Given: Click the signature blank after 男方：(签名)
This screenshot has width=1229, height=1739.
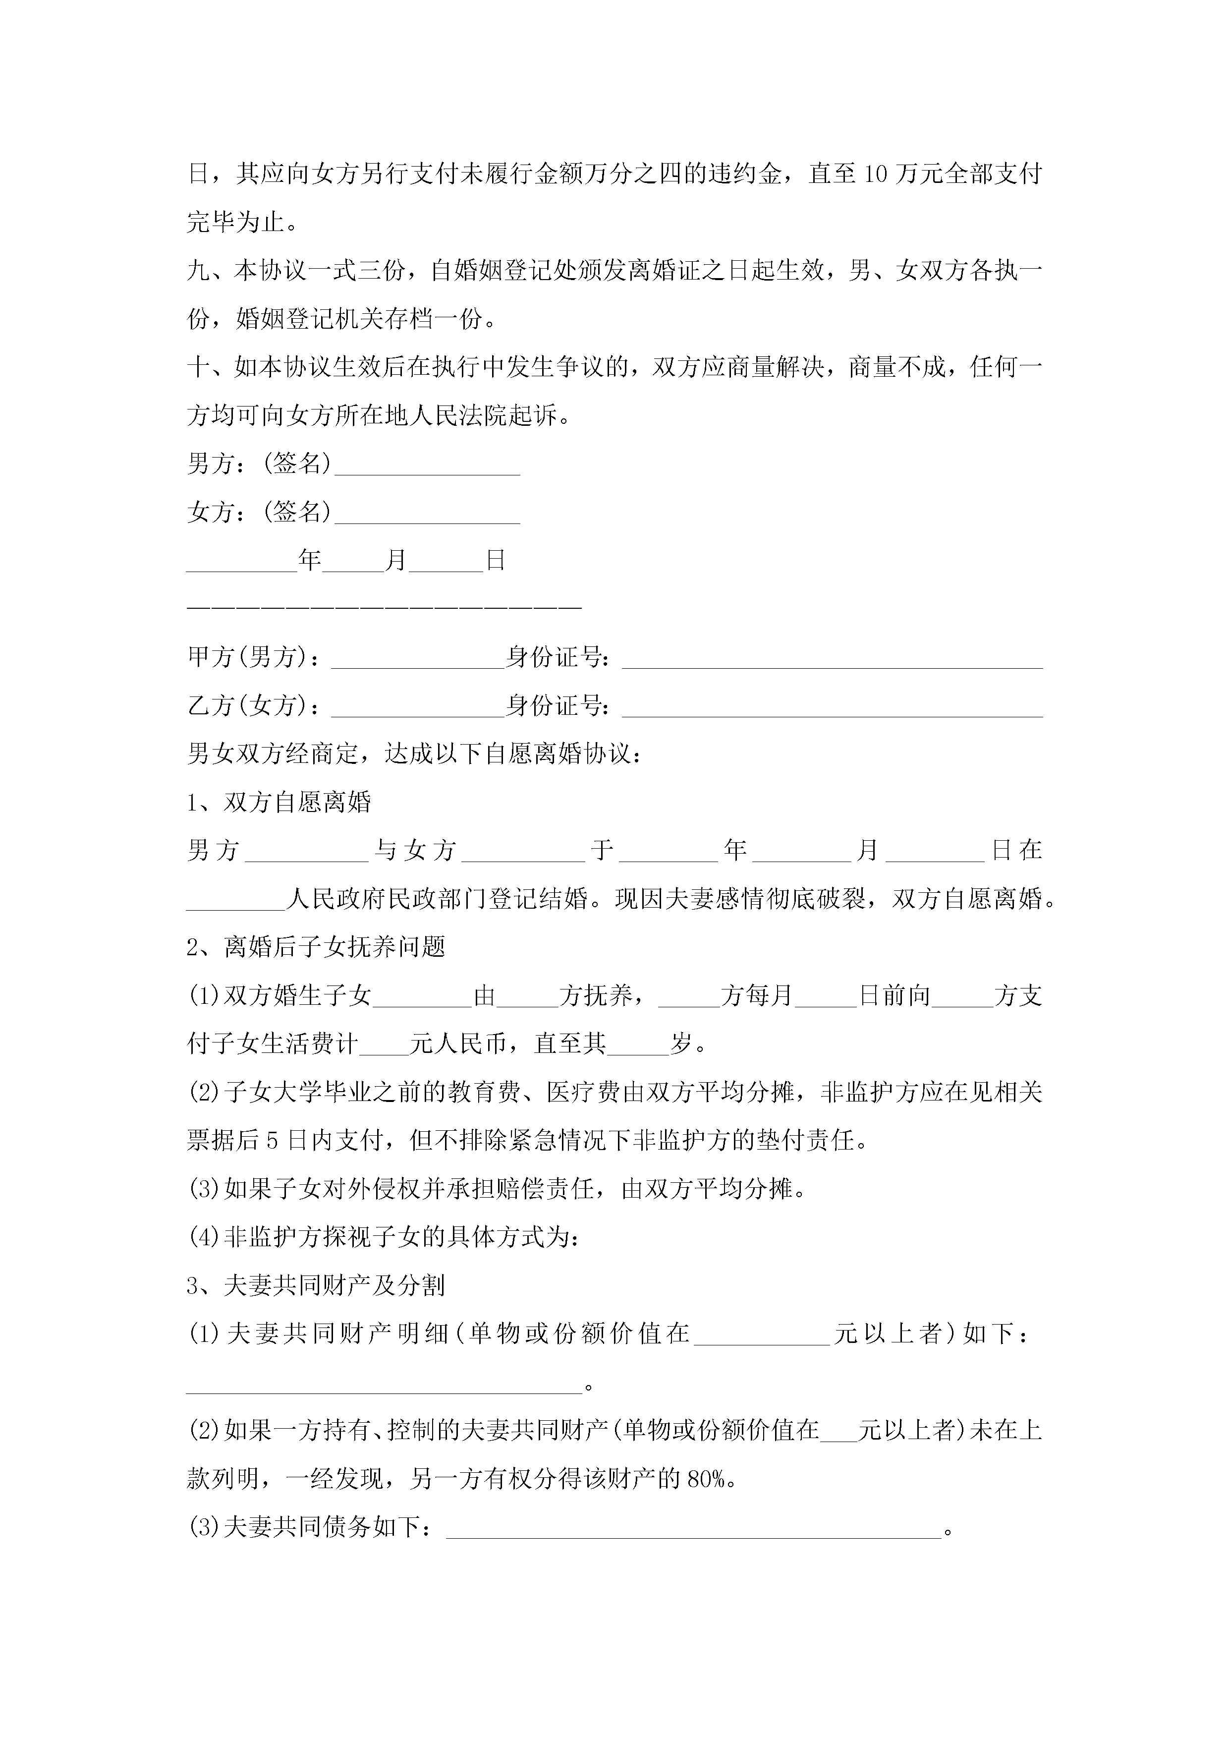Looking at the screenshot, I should pyautogui.click(x=427, y=465).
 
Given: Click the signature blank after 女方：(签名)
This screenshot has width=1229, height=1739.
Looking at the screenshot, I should pyautogui.click(x=427, y=514).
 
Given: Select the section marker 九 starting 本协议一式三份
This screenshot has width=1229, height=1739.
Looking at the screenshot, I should pyautogui.click(x=198, y=271).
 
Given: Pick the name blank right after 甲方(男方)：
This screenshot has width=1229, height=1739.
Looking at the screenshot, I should pyautogui.click(x=418, y=659).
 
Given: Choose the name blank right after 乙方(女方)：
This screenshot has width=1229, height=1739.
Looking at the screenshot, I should pyautogui.click(x=418, y=707).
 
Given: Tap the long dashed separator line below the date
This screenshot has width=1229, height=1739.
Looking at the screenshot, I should pyautogui.click(x=384, y=607).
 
